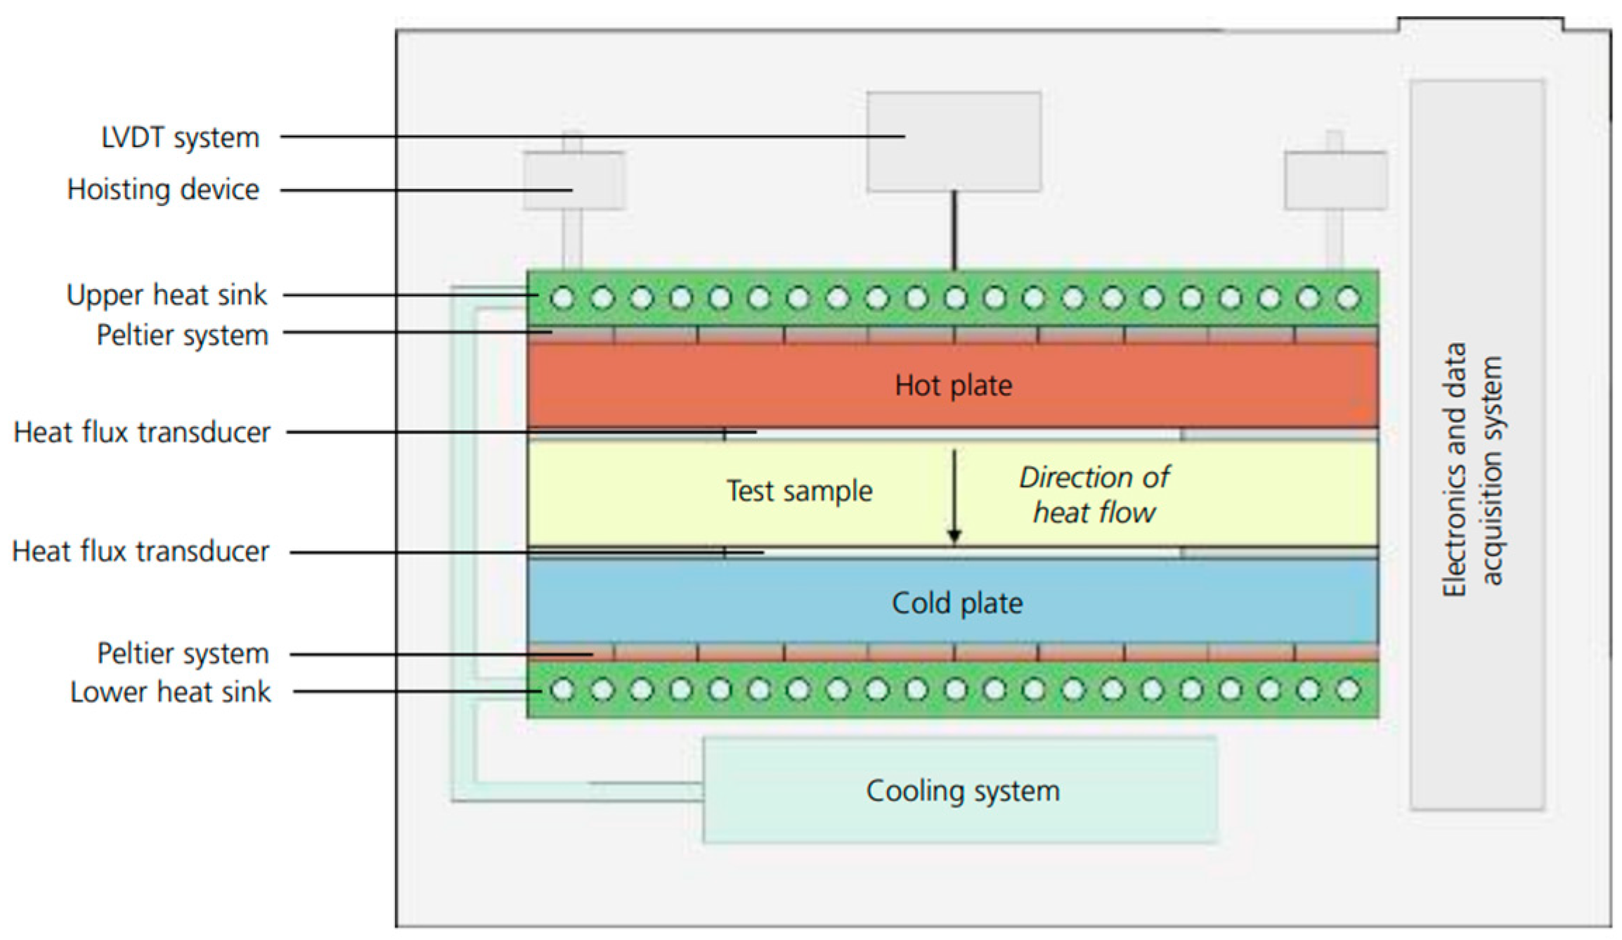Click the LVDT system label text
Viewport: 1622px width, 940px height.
click(x=181, y=138)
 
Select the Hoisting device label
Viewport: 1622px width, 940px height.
click(x=163, y=190)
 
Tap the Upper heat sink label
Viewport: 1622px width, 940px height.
click(x=167, y=295)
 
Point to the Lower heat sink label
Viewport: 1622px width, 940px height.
click(x=170, y=693)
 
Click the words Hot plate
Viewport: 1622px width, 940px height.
click(x=953, y=385)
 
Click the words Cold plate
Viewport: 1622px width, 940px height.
click(x=956, y=603)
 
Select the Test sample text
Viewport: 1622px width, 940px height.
click(x=799, y=491)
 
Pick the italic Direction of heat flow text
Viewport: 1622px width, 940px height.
click(x=1094, y=495)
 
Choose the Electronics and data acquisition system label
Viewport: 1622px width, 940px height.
click(x=1472, y=469)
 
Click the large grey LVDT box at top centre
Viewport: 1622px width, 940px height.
click(x=954, y=141)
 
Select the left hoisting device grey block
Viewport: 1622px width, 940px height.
click(x=573, y=181)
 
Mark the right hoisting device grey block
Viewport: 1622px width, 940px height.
click(x=1335, y=181)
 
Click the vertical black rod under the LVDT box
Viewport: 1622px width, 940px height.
click(x=954, y=231)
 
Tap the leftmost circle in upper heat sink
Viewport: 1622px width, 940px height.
click(x=562, y=299)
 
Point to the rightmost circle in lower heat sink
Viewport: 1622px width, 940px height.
click(x=1347, y=690)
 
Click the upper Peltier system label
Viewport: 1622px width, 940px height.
click(x=182, y=335)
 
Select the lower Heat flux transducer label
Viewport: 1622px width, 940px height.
click(x=141, y=552)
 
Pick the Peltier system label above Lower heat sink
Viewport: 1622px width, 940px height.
click(x=183, y=654)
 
